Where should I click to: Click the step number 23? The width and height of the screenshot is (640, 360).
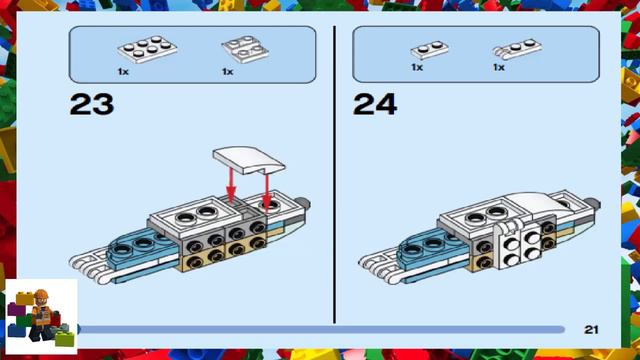[91, 103]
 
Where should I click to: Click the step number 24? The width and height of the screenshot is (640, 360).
[375, 103]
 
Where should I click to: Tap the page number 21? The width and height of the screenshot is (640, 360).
[591, 328]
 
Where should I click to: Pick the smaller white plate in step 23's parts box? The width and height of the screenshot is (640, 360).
[239, 50]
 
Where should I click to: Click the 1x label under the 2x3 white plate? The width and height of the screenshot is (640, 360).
[123, 72]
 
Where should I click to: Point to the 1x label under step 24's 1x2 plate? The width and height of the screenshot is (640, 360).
[416, 67]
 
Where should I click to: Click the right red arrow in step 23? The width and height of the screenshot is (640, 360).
[265, 185]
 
